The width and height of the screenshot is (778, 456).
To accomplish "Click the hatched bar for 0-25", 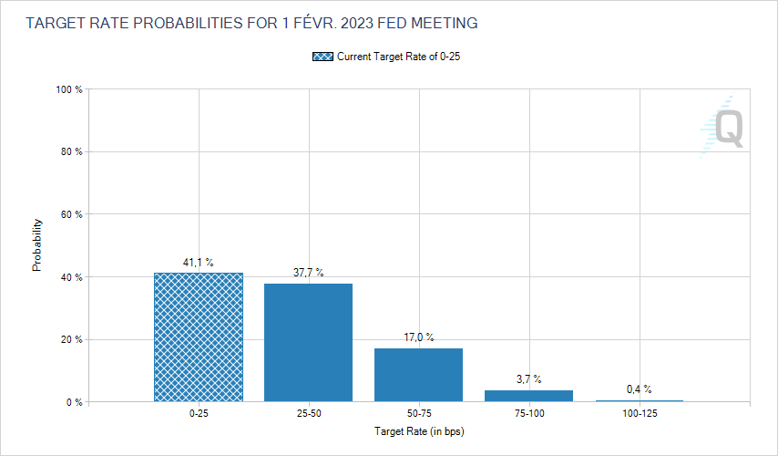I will [x=199, y=337].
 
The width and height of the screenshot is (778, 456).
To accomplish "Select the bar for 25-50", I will [x=308, y=342].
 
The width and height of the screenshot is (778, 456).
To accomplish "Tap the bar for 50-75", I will [x=418, y=374].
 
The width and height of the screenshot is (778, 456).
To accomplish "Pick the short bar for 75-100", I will [x=528, y=396].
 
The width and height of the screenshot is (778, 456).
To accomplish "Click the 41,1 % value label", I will [x=198, y=263].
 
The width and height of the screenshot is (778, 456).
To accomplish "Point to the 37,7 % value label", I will [x=308, y=273].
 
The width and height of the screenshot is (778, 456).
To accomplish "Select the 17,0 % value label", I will [x=418, y=337].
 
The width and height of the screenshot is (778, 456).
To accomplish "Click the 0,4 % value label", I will [x=639, y=389].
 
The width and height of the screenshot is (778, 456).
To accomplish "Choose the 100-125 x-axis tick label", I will [x=639, y=413].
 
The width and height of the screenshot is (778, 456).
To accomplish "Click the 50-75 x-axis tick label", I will [x=418, y=413].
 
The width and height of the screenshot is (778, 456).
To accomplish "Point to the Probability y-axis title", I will [x=37, y=245].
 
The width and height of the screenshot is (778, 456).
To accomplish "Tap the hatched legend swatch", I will [x=322, y=57].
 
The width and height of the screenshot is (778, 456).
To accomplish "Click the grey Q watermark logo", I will [x=727, y=128].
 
